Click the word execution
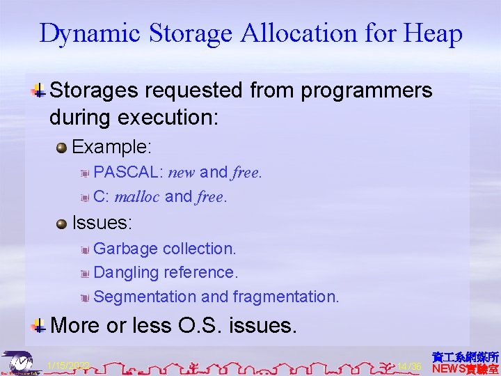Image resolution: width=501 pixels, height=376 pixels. [x=173, y=117]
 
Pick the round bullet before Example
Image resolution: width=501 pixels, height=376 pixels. [x=62, y=147]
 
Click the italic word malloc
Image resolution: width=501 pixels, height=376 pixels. [x=137, y=197]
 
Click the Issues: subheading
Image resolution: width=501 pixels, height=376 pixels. [x=102, y=224]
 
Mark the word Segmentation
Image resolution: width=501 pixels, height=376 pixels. [x=145, y=297]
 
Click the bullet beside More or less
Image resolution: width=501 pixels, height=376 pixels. [x=40, y=324]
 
